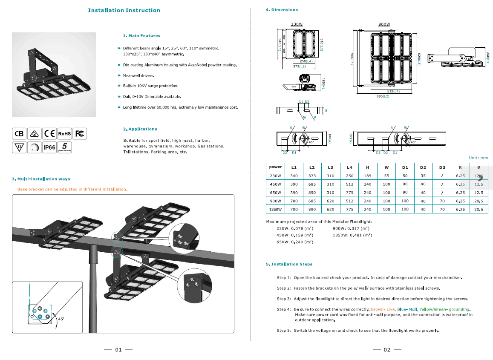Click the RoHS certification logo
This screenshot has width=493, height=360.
pyautogui.click(x=64, y=134)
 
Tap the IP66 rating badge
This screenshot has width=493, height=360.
pyautogui.click(x=49, y=147)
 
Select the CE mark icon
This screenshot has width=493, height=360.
pyautogui.click(x=49, y=134)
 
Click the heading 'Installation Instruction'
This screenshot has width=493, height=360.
pyautogui.click(x=124, y=10)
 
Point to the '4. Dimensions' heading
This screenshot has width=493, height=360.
pyautogui.click(x=282, y=10)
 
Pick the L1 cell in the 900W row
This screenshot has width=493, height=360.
pyautogui.click(x=294, y=201)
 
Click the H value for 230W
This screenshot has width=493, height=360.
pyautogui.click(x=367, y=176)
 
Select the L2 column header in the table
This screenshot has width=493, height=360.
pyautogui.click(x=312, y=167)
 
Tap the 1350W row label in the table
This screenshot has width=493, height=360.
pyautogui.click(x=275, y=210)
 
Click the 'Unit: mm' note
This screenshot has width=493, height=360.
pyautogui.click(x=478, y=158)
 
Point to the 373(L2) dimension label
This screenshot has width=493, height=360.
pyautogui.click(x=299, y=66)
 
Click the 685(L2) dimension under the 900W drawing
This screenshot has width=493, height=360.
pyautogui.click(x=383, y=97)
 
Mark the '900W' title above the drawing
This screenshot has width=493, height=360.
pyautogui.click(x=384, y=24)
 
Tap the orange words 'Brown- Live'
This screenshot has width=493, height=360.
pyautogui.click(x=383, y=309)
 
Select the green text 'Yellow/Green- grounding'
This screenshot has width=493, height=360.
pyautogui.click(x=444, y=309)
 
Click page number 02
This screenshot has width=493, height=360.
pyautogui.click(x=387, y=350)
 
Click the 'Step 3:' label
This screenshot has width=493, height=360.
pyautogui.click(x=284, y=299)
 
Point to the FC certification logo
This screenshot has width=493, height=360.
pyautogui.click(x=79, y=134)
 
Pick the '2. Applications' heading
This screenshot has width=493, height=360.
pyautogui.click(x=140, y=129)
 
